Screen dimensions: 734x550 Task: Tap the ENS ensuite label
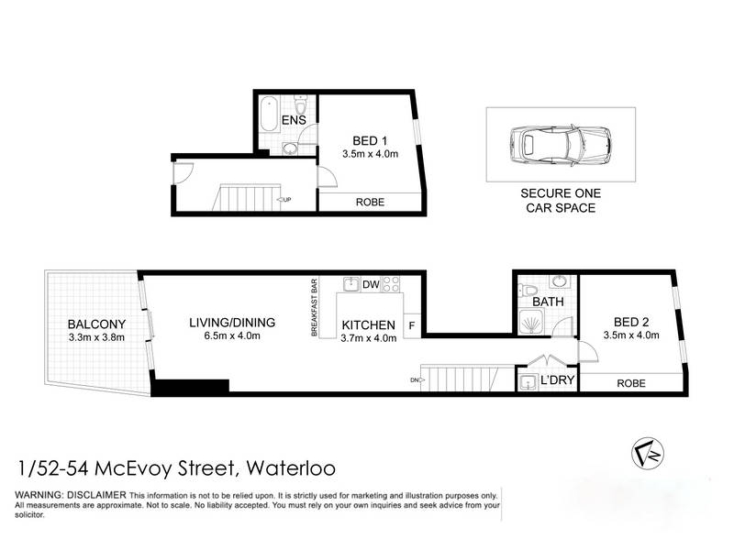[294, 120]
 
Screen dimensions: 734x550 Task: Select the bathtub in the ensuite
[269, 114]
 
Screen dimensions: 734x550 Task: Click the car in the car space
[560, 145]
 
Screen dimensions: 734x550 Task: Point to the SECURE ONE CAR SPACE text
[561, 201]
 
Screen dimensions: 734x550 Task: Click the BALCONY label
[96, 324]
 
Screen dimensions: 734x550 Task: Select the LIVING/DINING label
[232, 323]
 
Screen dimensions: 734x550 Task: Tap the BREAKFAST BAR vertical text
[314, 307]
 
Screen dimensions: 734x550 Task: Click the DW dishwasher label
[371, 284]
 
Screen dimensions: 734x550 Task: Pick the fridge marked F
[412, 325]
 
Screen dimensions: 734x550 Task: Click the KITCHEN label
[369, 325]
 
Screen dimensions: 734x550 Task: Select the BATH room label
[548, 302]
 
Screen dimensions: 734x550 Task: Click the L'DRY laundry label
[557, 379]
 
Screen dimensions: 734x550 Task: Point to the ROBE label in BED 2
[631, 383]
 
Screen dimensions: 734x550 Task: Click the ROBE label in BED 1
[370, 202]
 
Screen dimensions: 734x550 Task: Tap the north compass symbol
[648, 453]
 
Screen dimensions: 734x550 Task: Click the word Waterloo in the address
[291, 467]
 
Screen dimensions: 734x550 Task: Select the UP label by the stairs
[284, 200]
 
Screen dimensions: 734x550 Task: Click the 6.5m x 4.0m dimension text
[232, 335]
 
